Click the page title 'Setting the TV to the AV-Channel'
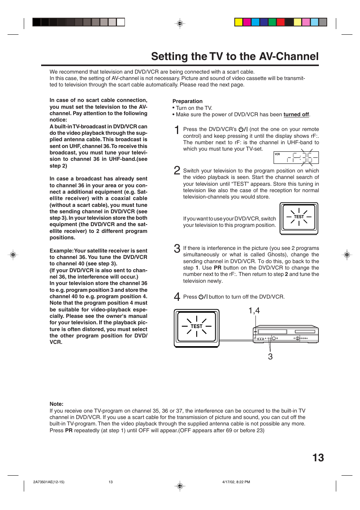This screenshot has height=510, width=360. [235, 57]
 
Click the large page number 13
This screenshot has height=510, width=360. [318, 458]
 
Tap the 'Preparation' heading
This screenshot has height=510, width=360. [188, 101]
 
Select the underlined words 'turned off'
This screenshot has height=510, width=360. [296, 115]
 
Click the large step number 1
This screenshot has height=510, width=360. [177, 130]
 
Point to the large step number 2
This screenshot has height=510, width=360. [177, 170]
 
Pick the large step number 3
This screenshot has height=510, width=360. [177, 248]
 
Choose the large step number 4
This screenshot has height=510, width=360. [177, 297]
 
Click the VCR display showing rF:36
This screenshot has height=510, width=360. [296, 157]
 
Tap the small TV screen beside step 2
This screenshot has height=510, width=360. [299, 218]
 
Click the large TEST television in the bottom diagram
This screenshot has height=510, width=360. [197, 328]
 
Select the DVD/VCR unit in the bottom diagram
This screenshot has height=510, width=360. [286, 334]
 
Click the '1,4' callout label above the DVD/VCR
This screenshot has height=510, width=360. [254, 311]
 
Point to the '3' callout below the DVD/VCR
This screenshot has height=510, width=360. [270, 357]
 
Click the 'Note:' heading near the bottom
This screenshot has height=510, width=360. [57, 404]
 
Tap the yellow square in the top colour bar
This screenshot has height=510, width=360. [238, 22]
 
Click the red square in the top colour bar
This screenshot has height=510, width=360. [281, 22]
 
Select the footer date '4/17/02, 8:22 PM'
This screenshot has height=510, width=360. [236, 482]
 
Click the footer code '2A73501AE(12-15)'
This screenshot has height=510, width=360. [49, 482]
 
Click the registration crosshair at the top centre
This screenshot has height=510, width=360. [180, 23]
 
